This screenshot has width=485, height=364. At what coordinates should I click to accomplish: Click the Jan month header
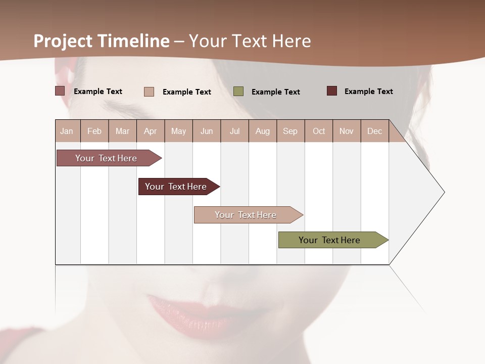tap(67, 131)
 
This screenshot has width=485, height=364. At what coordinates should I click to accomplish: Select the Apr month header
tap(151, 131)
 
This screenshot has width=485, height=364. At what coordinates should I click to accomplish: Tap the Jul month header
tap(234, 131)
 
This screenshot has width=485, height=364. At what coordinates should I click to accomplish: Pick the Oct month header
tap(319, 131)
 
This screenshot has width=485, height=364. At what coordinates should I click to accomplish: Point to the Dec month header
tap(375, 131)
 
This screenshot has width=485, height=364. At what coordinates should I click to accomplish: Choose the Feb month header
tap(94, 131)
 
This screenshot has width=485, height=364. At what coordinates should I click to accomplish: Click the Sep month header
tap(290, 131)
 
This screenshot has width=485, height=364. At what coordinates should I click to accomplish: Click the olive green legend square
tap(238, 92)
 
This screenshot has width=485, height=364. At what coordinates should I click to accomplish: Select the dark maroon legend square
tap(332, 91)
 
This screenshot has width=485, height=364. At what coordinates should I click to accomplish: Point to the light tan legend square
tap(149, 92)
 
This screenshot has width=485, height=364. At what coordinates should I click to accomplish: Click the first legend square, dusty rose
tap(60, 91)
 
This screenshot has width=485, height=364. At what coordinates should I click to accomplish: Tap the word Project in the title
tap(63, 41)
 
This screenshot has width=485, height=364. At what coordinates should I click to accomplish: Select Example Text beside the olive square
tap(276, 92)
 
